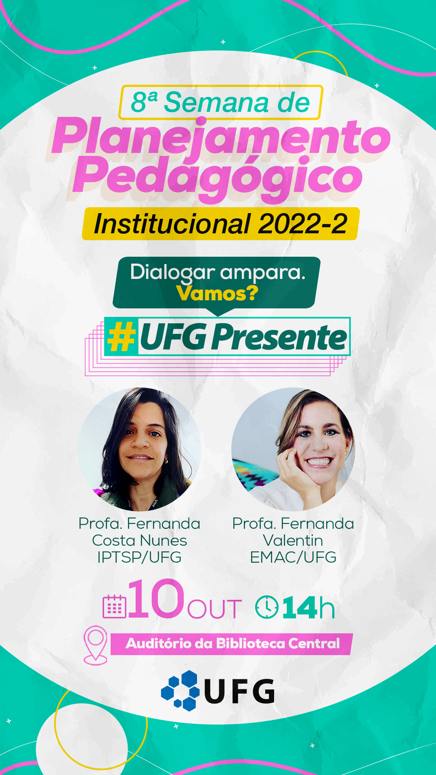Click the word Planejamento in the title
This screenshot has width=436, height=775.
[x=221, y=137]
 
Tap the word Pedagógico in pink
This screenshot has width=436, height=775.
[x=218, y=177]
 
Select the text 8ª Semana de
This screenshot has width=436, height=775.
[x=220, y=102]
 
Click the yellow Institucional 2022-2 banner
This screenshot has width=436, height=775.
[x=220, y=224]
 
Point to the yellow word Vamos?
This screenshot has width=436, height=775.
[x=217, y=293]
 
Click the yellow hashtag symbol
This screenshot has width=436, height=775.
[x=121, y=337]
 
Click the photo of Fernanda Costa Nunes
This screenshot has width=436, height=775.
[x=139, y=449]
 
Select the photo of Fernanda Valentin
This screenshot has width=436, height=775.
[x=293, y=449]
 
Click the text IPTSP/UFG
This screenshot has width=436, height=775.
[x=139, y=557]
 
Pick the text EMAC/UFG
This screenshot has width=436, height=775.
[x=293, y=557]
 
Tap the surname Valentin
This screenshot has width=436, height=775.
[x=293, y=540]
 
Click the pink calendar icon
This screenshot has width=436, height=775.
[x=115, y=607]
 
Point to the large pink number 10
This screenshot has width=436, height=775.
[x=156, y=599]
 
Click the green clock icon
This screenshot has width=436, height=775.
[x=266, y=607]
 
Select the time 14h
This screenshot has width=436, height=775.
[x=308, y=608]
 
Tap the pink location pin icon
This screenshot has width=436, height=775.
[x=95, y=644]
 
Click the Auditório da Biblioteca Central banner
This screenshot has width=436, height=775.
[x=232, y=643]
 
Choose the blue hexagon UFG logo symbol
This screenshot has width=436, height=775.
[x=181, y=691]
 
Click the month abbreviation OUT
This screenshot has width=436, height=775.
[x=214, y=609]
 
